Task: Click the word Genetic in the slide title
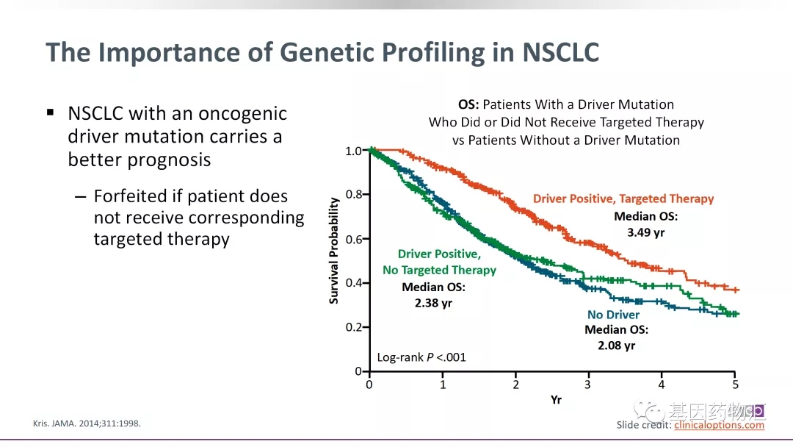point(327,53)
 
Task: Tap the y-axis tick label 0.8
point(354,195)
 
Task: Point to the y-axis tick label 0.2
point(354,327)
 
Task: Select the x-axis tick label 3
point(589,385)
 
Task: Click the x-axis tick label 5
point(735,385)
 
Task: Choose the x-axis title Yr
point(556,400)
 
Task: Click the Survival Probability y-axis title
point(334,250)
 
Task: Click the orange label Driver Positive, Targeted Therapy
point(623,199)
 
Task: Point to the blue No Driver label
point(613,315)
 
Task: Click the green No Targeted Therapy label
point(439,270)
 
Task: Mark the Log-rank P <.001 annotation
point(421,357)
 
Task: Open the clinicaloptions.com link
point(719,425)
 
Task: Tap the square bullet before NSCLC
point(51,112)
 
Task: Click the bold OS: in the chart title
point(469,104)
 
